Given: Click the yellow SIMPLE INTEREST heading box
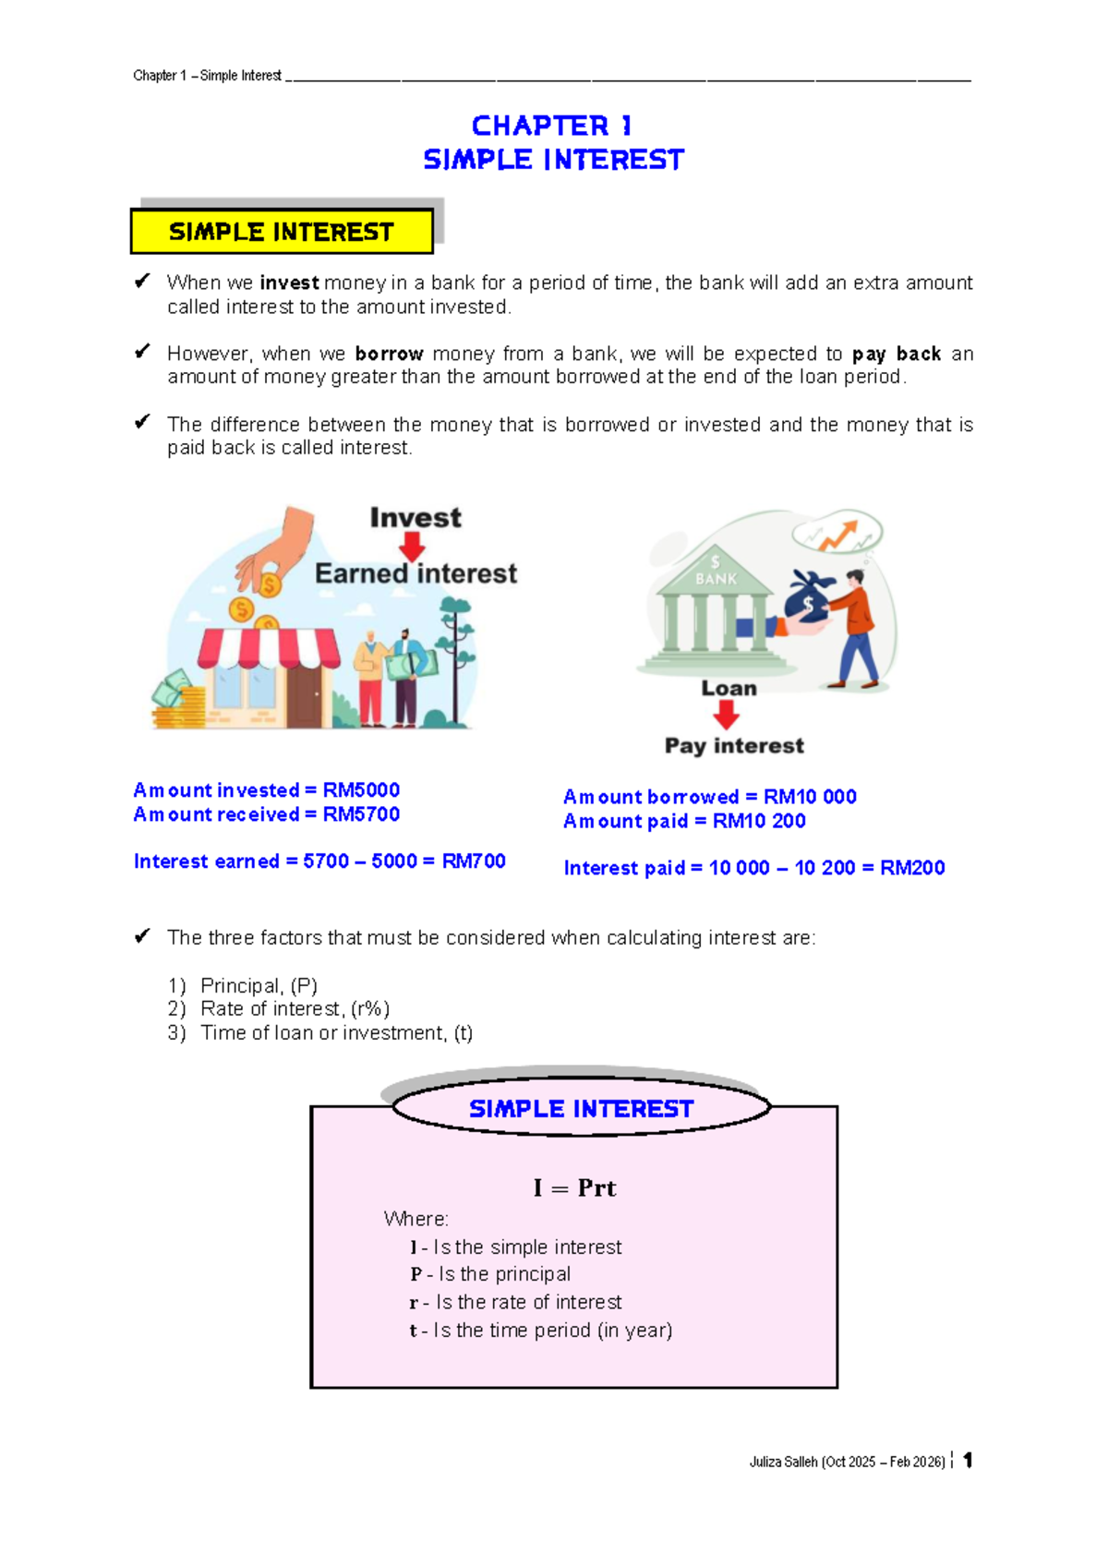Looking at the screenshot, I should coord(282,232).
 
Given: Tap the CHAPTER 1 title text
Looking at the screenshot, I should coord(552,126).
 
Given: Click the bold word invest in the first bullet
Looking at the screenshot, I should coord(289,283).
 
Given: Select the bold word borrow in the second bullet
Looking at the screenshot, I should coord(389,354).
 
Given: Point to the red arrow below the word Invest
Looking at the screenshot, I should coord(412,548).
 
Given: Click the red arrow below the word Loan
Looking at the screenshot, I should coord(727,715).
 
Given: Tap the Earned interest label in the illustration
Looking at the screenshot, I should coord(415,573).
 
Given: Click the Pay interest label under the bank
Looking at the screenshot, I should coord(734,745).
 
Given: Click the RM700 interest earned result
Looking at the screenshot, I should coord(474,861).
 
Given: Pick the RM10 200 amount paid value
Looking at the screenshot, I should coord(759,821).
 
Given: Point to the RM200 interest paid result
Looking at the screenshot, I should coord(912,868).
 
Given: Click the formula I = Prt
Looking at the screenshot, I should coord(574,1188).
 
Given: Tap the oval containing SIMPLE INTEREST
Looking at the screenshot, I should coord(581,1109).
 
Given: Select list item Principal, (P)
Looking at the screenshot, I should coord(259,985).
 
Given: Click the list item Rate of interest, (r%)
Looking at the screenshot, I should coord(295,1009).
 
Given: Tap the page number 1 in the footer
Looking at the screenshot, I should coord(968,1460).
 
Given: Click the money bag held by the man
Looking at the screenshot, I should coord(807,599).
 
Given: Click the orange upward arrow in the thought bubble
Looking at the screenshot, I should coord(840,535).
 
